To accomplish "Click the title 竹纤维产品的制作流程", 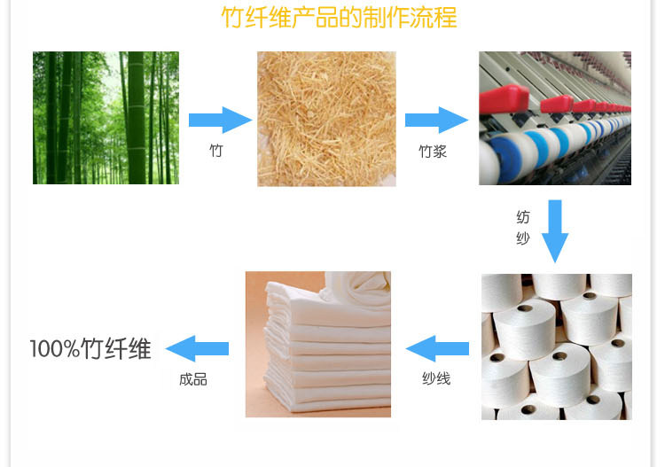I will point(339,19).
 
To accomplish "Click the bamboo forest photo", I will point(106,118).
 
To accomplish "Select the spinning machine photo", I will point(555,118).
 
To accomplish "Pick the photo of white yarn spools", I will point(557,346).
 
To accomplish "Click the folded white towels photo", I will point(317,345).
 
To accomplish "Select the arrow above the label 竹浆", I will point(435,120).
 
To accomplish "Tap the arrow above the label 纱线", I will point(436,348).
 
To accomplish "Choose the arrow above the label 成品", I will point(197,348).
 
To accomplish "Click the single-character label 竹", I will point(215,151).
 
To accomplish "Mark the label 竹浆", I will point(433,152).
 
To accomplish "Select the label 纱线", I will point(436,379).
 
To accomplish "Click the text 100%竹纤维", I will point(90,348).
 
